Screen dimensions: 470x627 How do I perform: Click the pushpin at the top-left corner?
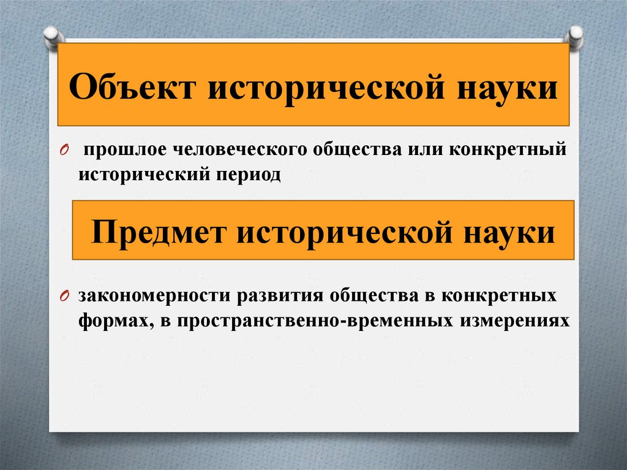[x=51, y=35]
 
